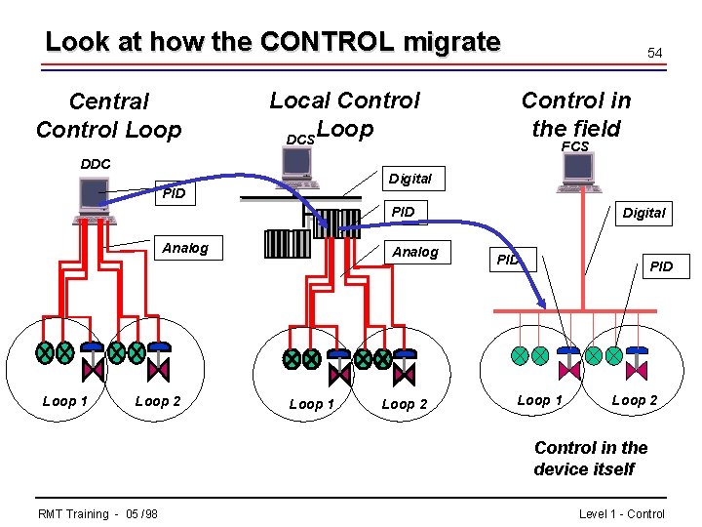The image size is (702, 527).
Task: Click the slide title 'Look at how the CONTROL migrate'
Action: click(272, 42)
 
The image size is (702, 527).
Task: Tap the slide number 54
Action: click(655, 54)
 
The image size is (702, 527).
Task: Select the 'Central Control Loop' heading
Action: click(108, 115)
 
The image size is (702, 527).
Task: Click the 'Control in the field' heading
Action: click(575, 113)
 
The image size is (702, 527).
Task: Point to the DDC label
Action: click(95, 164)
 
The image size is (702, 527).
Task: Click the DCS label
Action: click(300, 141)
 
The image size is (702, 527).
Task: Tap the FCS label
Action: click(575, 146)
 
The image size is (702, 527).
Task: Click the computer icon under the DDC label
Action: click(97, 199)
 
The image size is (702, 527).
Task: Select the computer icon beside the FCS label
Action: click(579, 172)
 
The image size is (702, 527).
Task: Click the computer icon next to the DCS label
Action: click(298, 170)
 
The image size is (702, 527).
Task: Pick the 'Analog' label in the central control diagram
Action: click(185, 248)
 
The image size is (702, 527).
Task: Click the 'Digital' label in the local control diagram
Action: click(409, 179)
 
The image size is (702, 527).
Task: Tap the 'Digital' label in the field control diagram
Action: click(643, 213)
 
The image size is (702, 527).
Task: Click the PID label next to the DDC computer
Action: click(174, 193)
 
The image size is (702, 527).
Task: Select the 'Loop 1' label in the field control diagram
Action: click(539, 400)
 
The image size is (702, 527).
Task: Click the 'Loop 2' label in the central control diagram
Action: click(157, 401)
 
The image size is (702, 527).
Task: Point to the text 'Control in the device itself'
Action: click(590, 459)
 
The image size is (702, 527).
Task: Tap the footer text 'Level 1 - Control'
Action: click(621, 514)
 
